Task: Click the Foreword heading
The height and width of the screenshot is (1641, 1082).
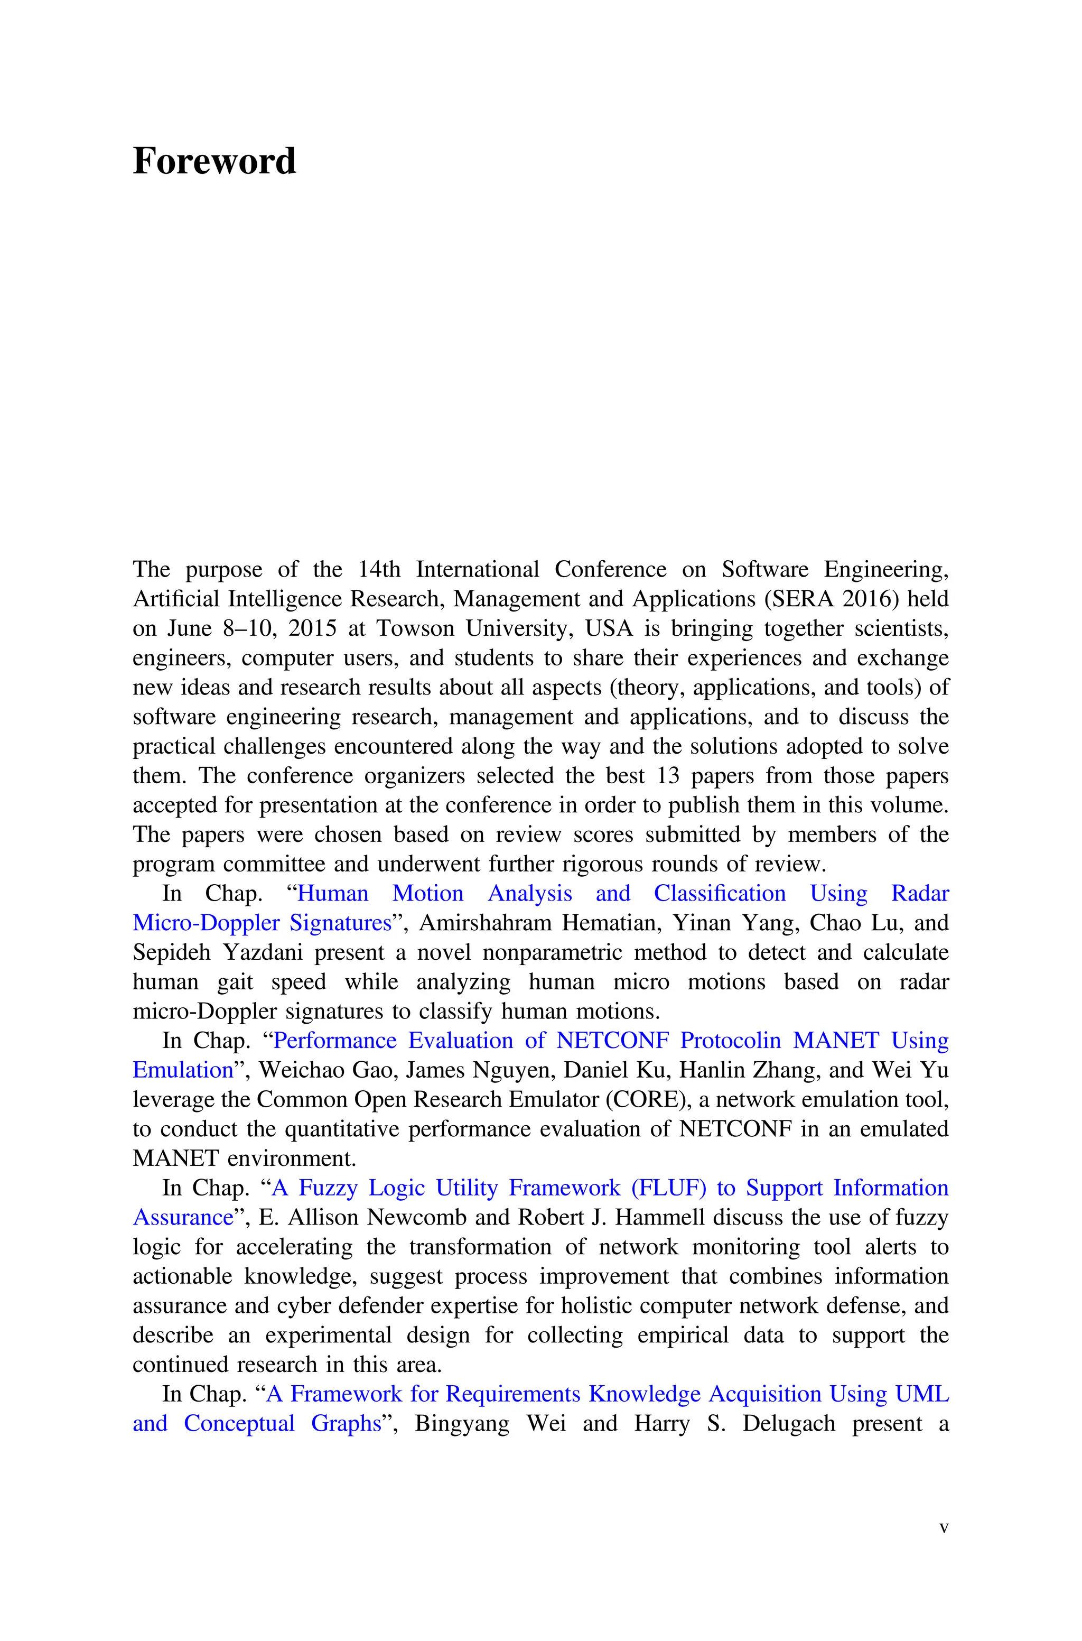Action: (x=214, y=162)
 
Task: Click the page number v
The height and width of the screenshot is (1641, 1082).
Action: (x=944, y=1528)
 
